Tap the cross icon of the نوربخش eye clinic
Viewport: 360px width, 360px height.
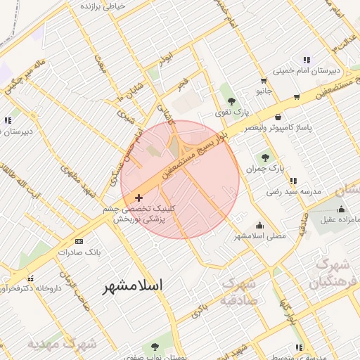[139, 198]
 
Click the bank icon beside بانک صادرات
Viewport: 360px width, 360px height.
[78, 241]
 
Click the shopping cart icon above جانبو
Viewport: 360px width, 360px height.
[263, 79]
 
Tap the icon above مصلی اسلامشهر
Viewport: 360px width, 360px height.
[260, 225]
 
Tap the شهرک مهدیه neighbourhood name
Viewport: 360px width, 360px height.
[62, 345]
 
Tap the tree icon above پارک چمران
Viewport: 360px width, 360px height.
[265, 158]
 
